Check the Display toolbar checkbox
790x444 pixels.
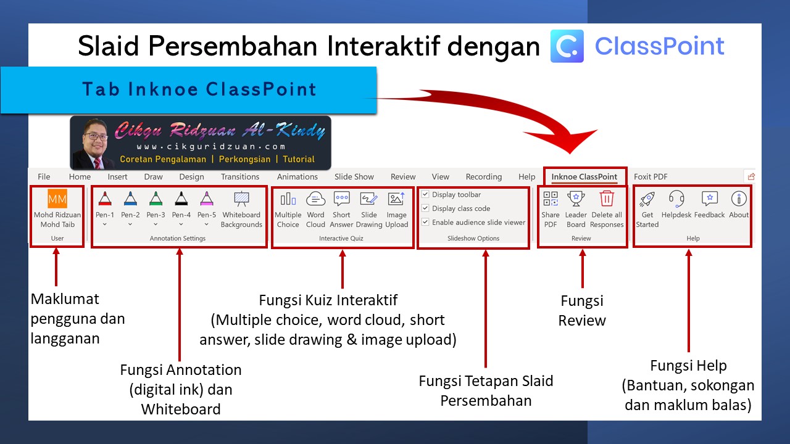coord(425,194)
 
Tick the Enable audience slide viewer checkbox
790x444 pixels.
coord(425,222)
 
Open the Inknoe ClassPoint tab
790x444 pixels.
coord(584,176)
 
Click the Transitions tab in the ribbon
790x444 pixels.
coord(240,176)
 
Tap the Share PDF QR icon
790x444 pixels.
coord(551,199)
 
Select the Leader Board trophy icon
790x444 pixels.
coord(576,199)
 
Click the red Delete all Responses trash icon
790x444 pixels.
coord(607,199)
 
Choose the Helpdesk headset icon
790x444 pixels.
coord(676,199)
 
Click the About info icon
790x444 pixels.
coord(739,199)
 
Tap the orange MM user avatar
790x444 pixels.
coord(57,199)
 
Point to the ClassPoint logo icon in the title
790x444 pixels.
coord(567,46)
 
